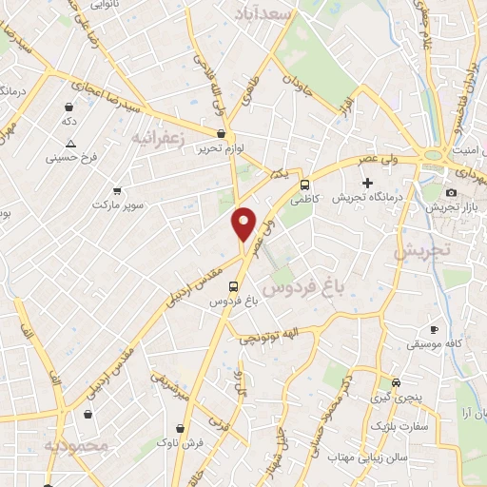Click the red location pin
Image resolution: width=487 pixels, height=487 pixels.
(244, 224)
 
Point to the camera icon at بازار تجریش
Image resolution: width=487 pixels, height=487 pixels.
(451, 193)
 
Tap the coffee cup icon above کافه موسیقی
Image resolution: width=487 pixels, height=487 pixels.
(434, 328)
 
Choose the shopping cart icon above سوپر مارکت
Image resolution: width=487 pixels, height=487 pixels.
(117, 190)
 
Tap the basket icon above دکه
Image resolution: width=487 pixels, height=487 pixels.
(69, 107)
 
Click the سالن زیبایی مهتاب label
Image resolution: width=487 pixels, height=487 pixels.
(375, 458)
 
